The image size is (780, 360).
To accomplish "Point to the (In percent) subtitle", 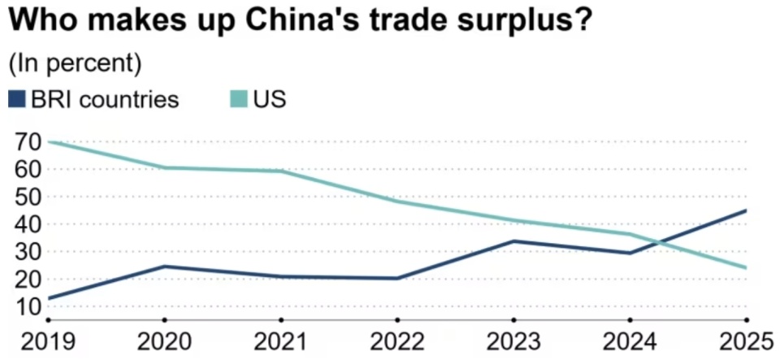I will point(75,63).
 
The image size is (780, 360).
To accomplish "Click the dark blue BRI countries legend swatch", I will point(16,100).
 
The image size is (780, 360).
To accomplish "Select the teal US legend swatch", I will point(238,100).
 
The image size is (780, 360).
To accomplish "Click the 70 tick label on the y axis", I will point(28,142).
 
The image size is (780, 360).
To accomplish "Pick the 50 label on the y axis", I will point(28,197).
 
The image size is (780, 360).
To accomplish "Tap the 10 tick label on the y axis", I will point(28,307).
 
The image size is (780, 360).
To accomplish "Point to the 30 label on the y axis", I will point(28,252).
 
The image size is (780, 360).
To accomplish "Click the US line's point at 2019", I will point(49,141).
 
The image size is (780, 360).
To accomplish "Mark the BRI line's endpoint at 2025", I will point(746,210).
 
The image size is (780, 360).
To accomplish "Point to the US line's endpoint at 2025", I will point(746,267).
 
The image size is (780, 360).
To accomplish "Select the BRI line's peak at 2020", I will point(164,266).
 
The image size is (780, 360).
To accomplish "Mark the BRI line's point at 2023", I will point(513,241).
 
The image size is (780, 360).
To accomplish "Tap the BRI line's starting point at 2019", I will point(49,298).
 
